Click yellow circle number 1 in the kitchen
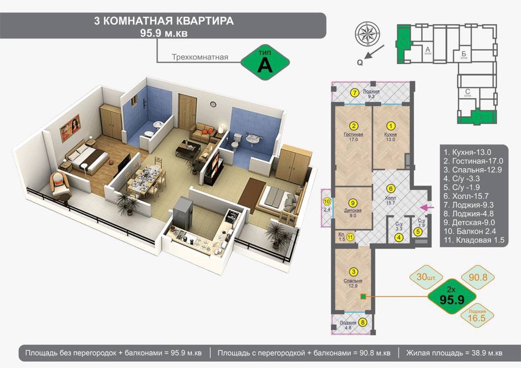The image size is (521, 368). pos(390,126)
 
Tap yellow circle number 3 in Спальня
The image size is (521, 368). pos(354,272)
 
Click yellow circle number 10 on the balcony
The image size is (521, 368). pos(327,201)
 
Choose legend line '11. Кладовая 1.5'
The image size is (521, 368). pos(475,240)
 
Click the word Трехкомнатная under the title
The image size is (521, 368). pos(200,57)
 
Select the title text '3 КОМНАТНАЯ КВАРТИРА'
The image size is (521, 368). pos(163,21)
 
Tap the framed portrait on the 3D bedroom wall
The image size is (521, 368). pos(70,125)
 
